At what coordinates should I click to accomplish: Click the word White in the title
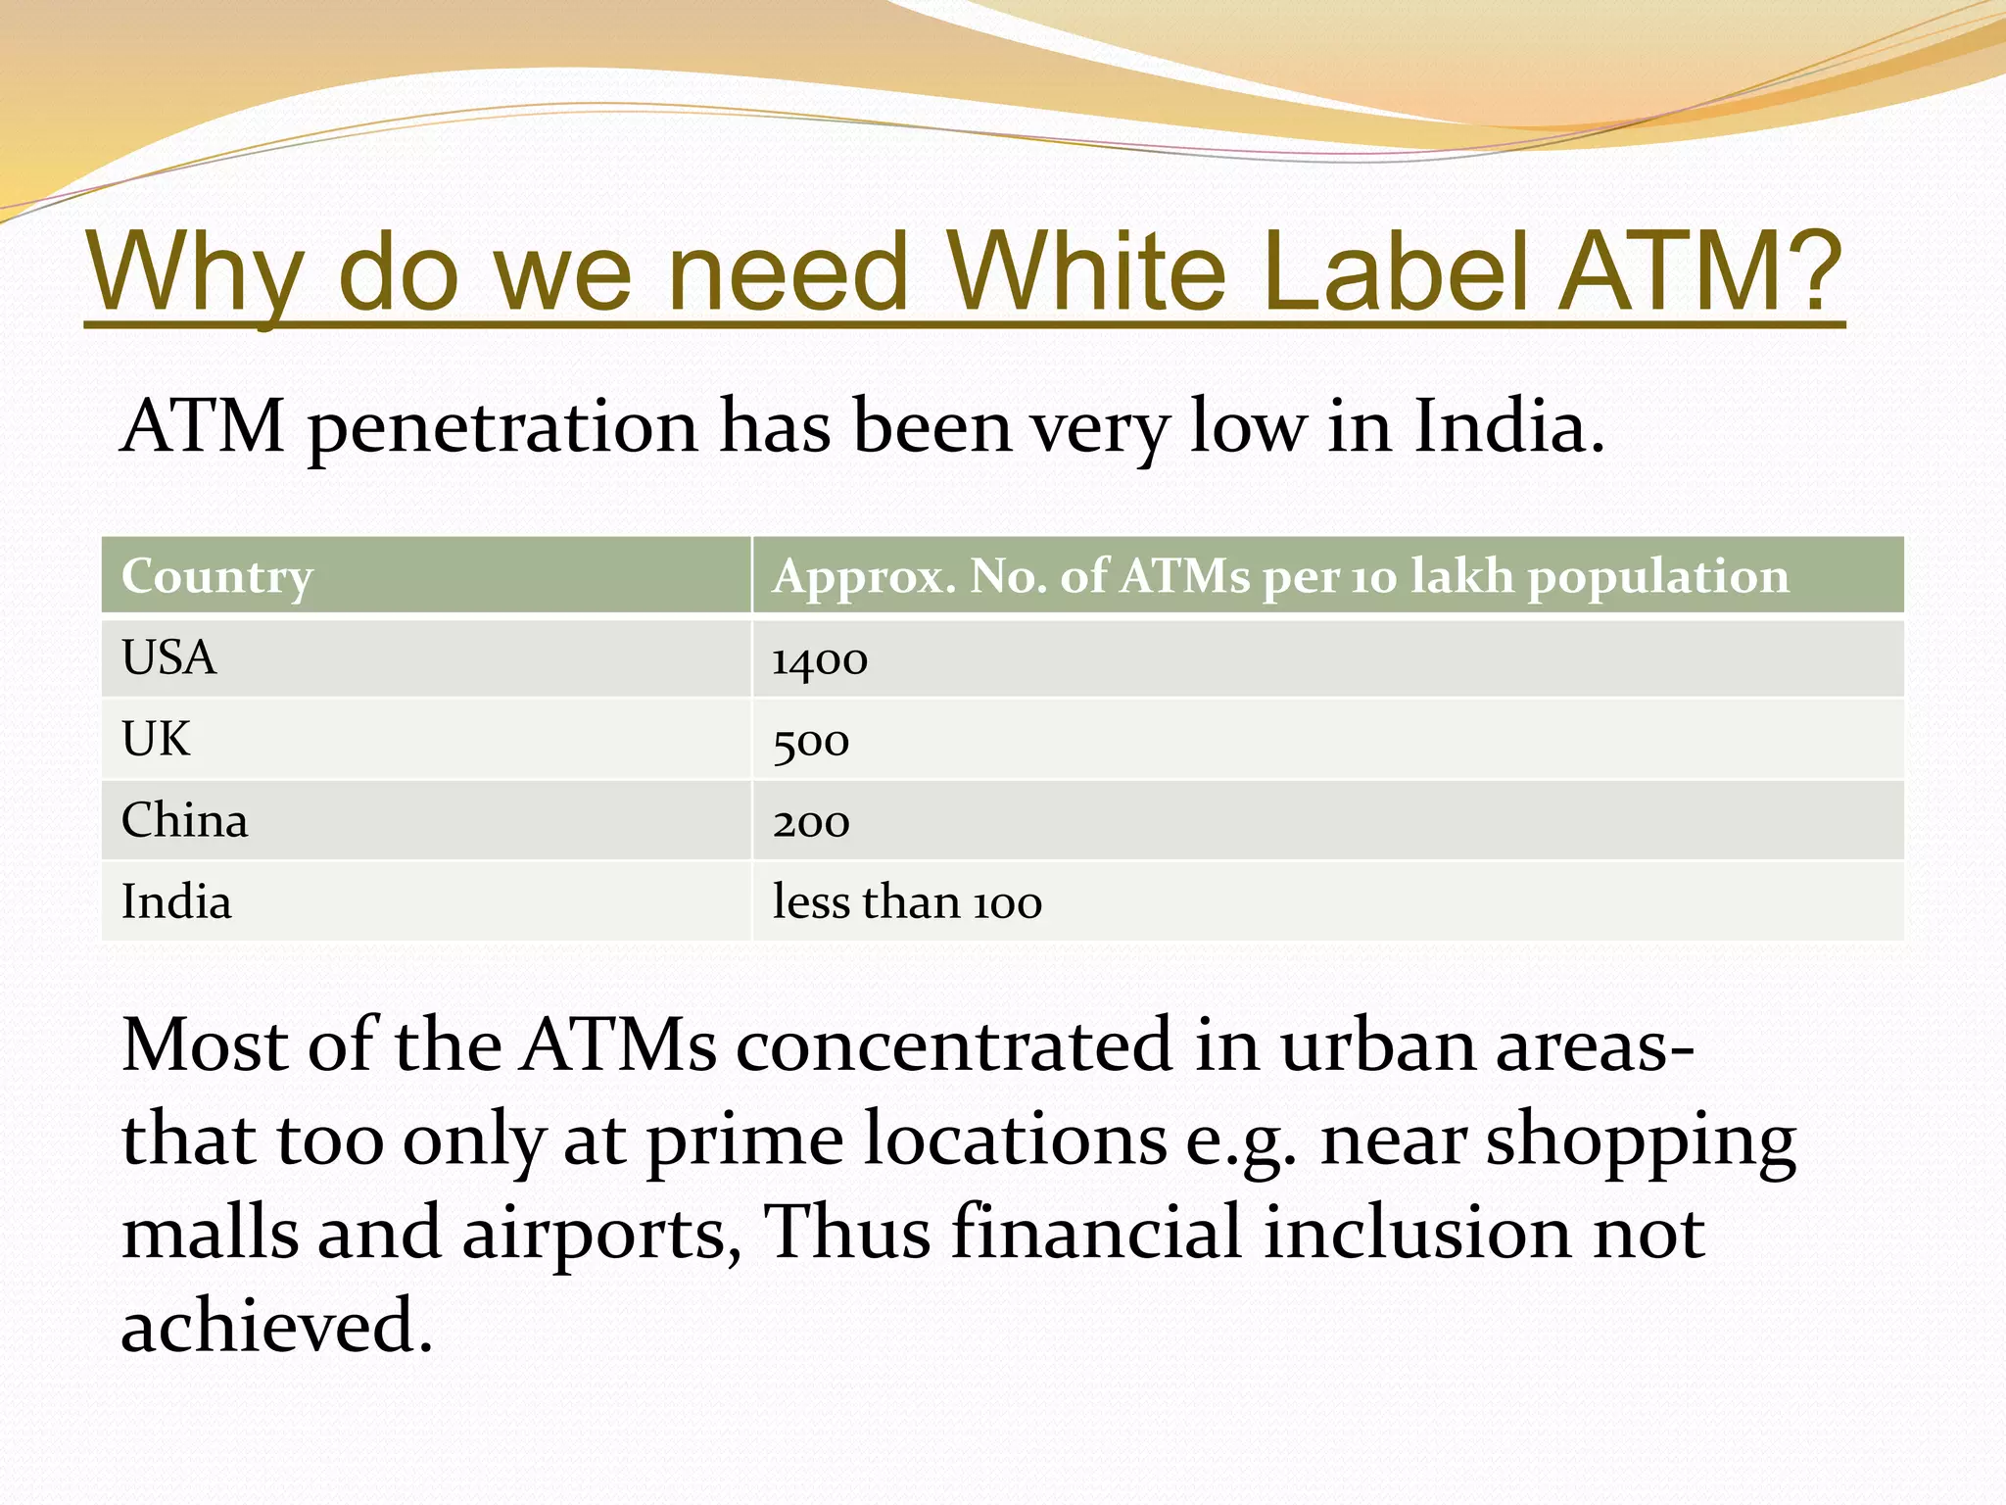pos(1086,271)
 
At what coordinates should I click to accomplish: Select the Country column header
pos(216,577)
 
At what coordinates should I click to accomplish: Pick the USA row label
pos(168,657)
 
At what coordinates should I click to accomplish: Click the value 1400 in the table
pos(819,660)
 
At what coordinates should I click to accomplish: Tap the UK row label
pos(156,739)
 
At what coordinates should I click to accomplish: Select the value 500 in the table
pos(810,743)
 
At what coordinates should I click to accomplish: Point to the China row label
pos(184,820)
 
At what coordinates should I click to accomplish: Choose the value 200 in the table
pos(810,824)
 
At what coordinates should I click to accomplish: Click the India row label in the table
pos(176,901)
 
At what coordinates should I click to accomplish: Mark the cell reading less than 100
pos(906,902)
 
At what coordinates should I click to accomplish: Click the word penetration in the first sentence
pos(502,429)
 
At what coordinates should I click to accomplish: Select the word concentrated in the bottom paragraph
pos(954,1045)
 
